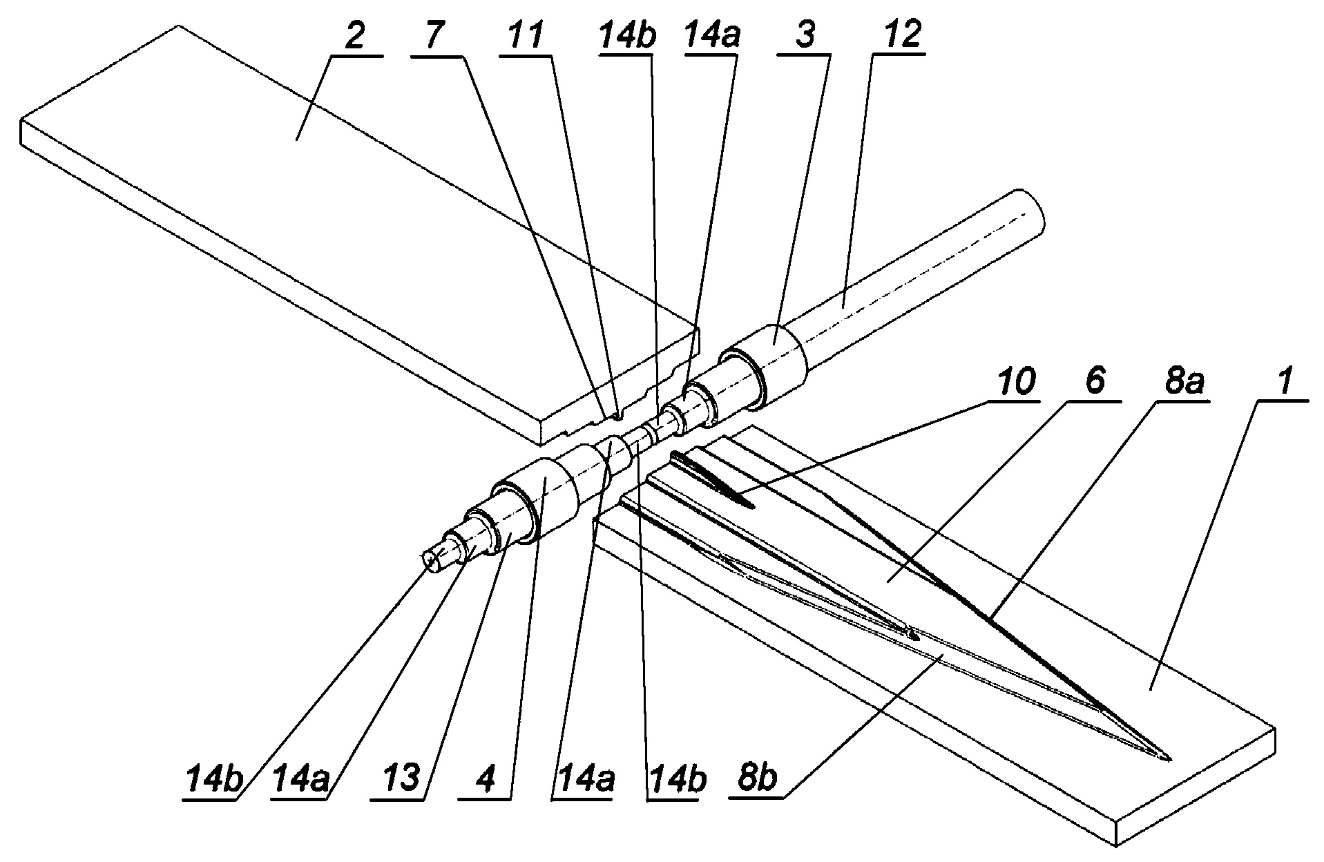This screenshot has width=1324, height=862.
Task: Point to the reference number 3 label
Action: (x=804, y=37)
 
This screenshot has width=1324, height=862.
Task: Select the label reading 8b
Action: (x=758, y=780)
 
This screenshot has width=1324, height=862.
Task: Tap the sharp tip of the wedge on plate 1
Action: (x=1169, y=760)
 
